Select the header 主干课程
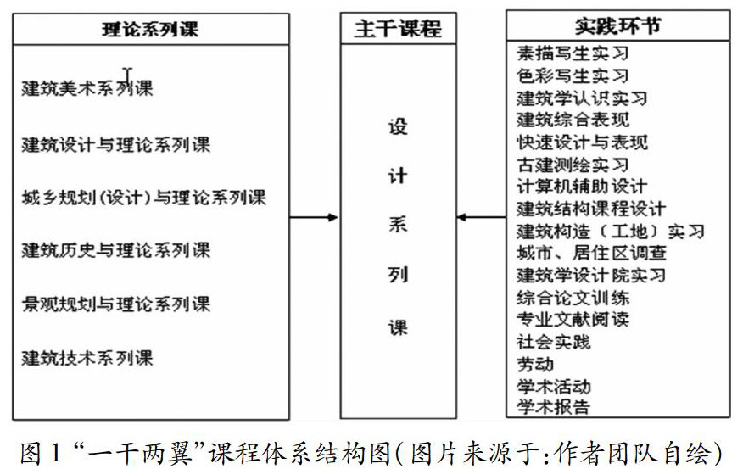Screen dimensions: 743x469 [397, 29]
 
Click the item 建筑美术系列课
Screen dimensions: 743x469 [87, 88]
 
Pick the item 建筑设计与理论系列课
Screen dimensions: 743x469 [116, 144]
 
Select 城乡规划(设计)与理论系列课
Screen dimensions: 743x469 [144, 198]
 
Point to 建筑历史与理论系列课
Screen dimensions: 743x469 [116, 250]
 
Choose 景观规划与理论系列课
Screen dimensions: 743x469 [116, 304]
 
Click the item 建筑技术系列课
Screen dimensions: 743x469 [87, 357]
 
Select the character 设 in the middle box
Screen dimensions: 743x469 [398, 127]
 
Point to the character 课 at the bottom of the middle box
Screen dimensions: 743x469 [398, 327]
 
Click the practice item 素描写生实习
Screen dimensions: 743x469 [573, 53]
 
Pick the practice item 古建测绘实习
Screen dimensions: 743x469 [573, 164]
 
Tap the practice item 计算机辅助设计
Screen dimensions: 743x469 [582, 186]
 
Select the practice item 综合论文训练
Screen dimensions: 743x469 [573, 298]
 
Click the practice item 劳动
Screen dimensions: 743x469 [535, 365]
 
